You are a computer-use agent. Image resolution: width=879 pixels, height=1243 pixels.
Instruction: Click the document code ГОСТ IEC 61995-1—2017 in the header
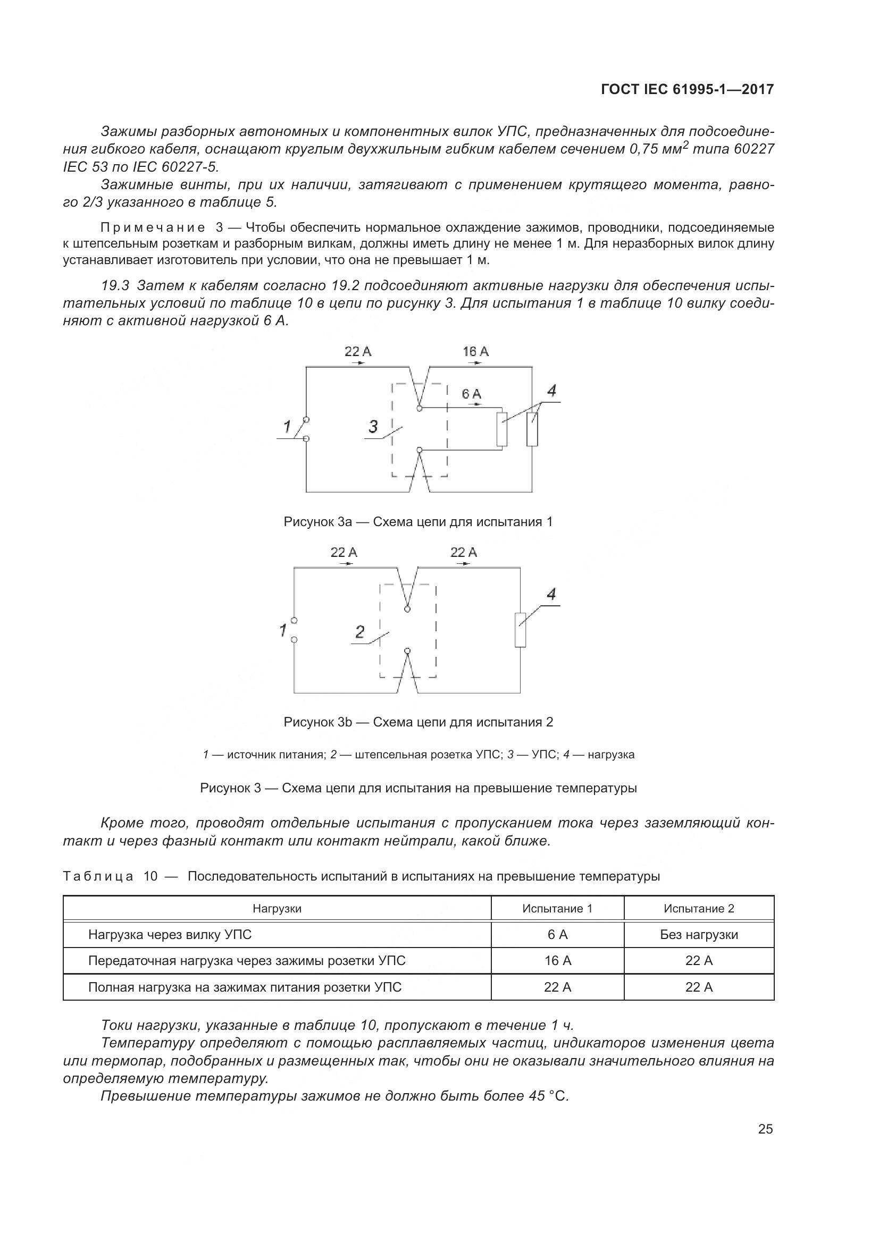tap(687, 89)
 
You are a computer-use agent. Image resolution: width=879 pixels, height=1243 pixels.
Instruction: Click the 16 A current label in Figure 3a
tap(475, 352)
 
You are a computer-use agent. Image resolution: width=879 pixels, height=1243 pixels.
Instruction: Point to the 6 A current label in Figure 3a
tap(471, 394)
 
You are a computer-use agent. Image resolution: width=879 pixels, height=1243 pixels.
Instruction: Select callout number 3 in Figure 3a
tap(373, 427)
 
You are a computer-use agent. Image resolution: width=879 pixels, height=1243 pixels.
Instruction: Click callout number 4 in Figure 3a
tap(551, 391)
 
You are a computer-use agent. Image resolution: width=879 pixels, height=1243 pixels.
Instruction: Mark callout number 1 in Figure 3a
tap(287, 427)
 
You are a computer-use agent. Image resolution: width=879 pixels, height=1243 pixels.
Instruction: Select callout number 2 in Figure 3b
tap(359, 632)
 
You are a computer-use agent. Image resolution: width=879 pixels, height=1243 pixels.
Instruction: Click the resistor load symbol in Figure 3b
tap(520, 630)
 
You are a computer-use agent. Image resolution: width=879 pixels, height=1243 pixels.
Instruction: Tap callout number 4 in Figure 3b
tap(551, 595)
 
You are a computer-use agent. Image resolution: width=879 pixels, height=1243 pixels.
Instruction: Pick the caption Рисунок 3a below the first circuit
tap(418, 522)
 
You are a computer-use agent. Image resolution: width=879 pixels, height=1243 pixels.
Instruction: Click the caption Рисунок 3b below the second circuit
tap(418, 722)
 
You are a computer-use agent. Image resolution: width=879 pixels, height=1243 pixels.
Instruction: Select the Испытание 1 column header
tap(557, 908)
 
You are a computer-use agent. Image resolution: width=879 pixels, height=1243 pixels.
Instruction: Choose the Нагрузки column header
tap(277, 908)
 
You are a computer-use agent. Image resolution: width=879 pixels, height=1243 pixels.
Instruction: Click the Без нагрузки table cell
tap(699, 935)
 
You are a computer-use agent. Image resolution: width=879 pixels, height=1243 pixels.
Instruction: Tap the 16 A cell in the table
tap(557, 961)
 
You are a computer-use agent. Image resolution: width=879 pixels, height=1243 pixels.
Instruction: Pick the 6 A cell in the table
tap(557, 935)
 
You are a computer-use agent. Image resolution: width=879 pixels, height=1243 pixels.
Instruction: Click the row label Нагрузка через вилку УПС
tap(170, 935)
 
